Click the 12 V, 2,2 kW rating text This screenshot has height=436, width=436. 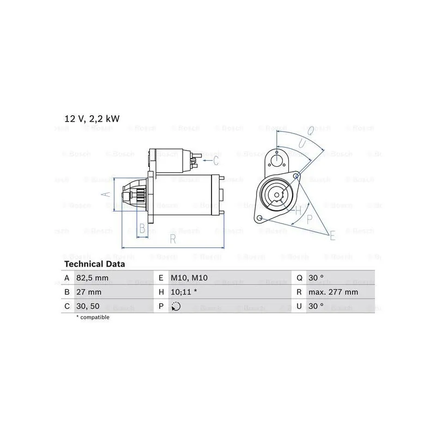click(92, 119)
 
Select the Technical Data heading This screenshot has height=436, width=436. click(94, 264)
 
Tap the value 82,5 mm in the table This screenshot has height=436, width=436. click(92, 278)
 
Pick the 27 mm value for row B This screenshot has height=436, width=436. click(89, 292)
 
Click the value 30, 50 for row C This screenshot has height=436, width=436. click(88, 306)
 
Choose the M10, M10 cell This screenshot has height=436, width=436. click(189, 278)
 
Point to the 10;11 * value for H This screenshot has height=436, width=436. click(184, 292)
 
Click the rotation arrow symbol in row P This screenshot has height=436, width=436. click(175, 306)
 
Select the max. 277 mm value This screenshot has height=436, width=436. click(333, 292)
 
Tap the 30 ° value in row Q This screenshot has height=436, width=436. click(316, 278)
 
